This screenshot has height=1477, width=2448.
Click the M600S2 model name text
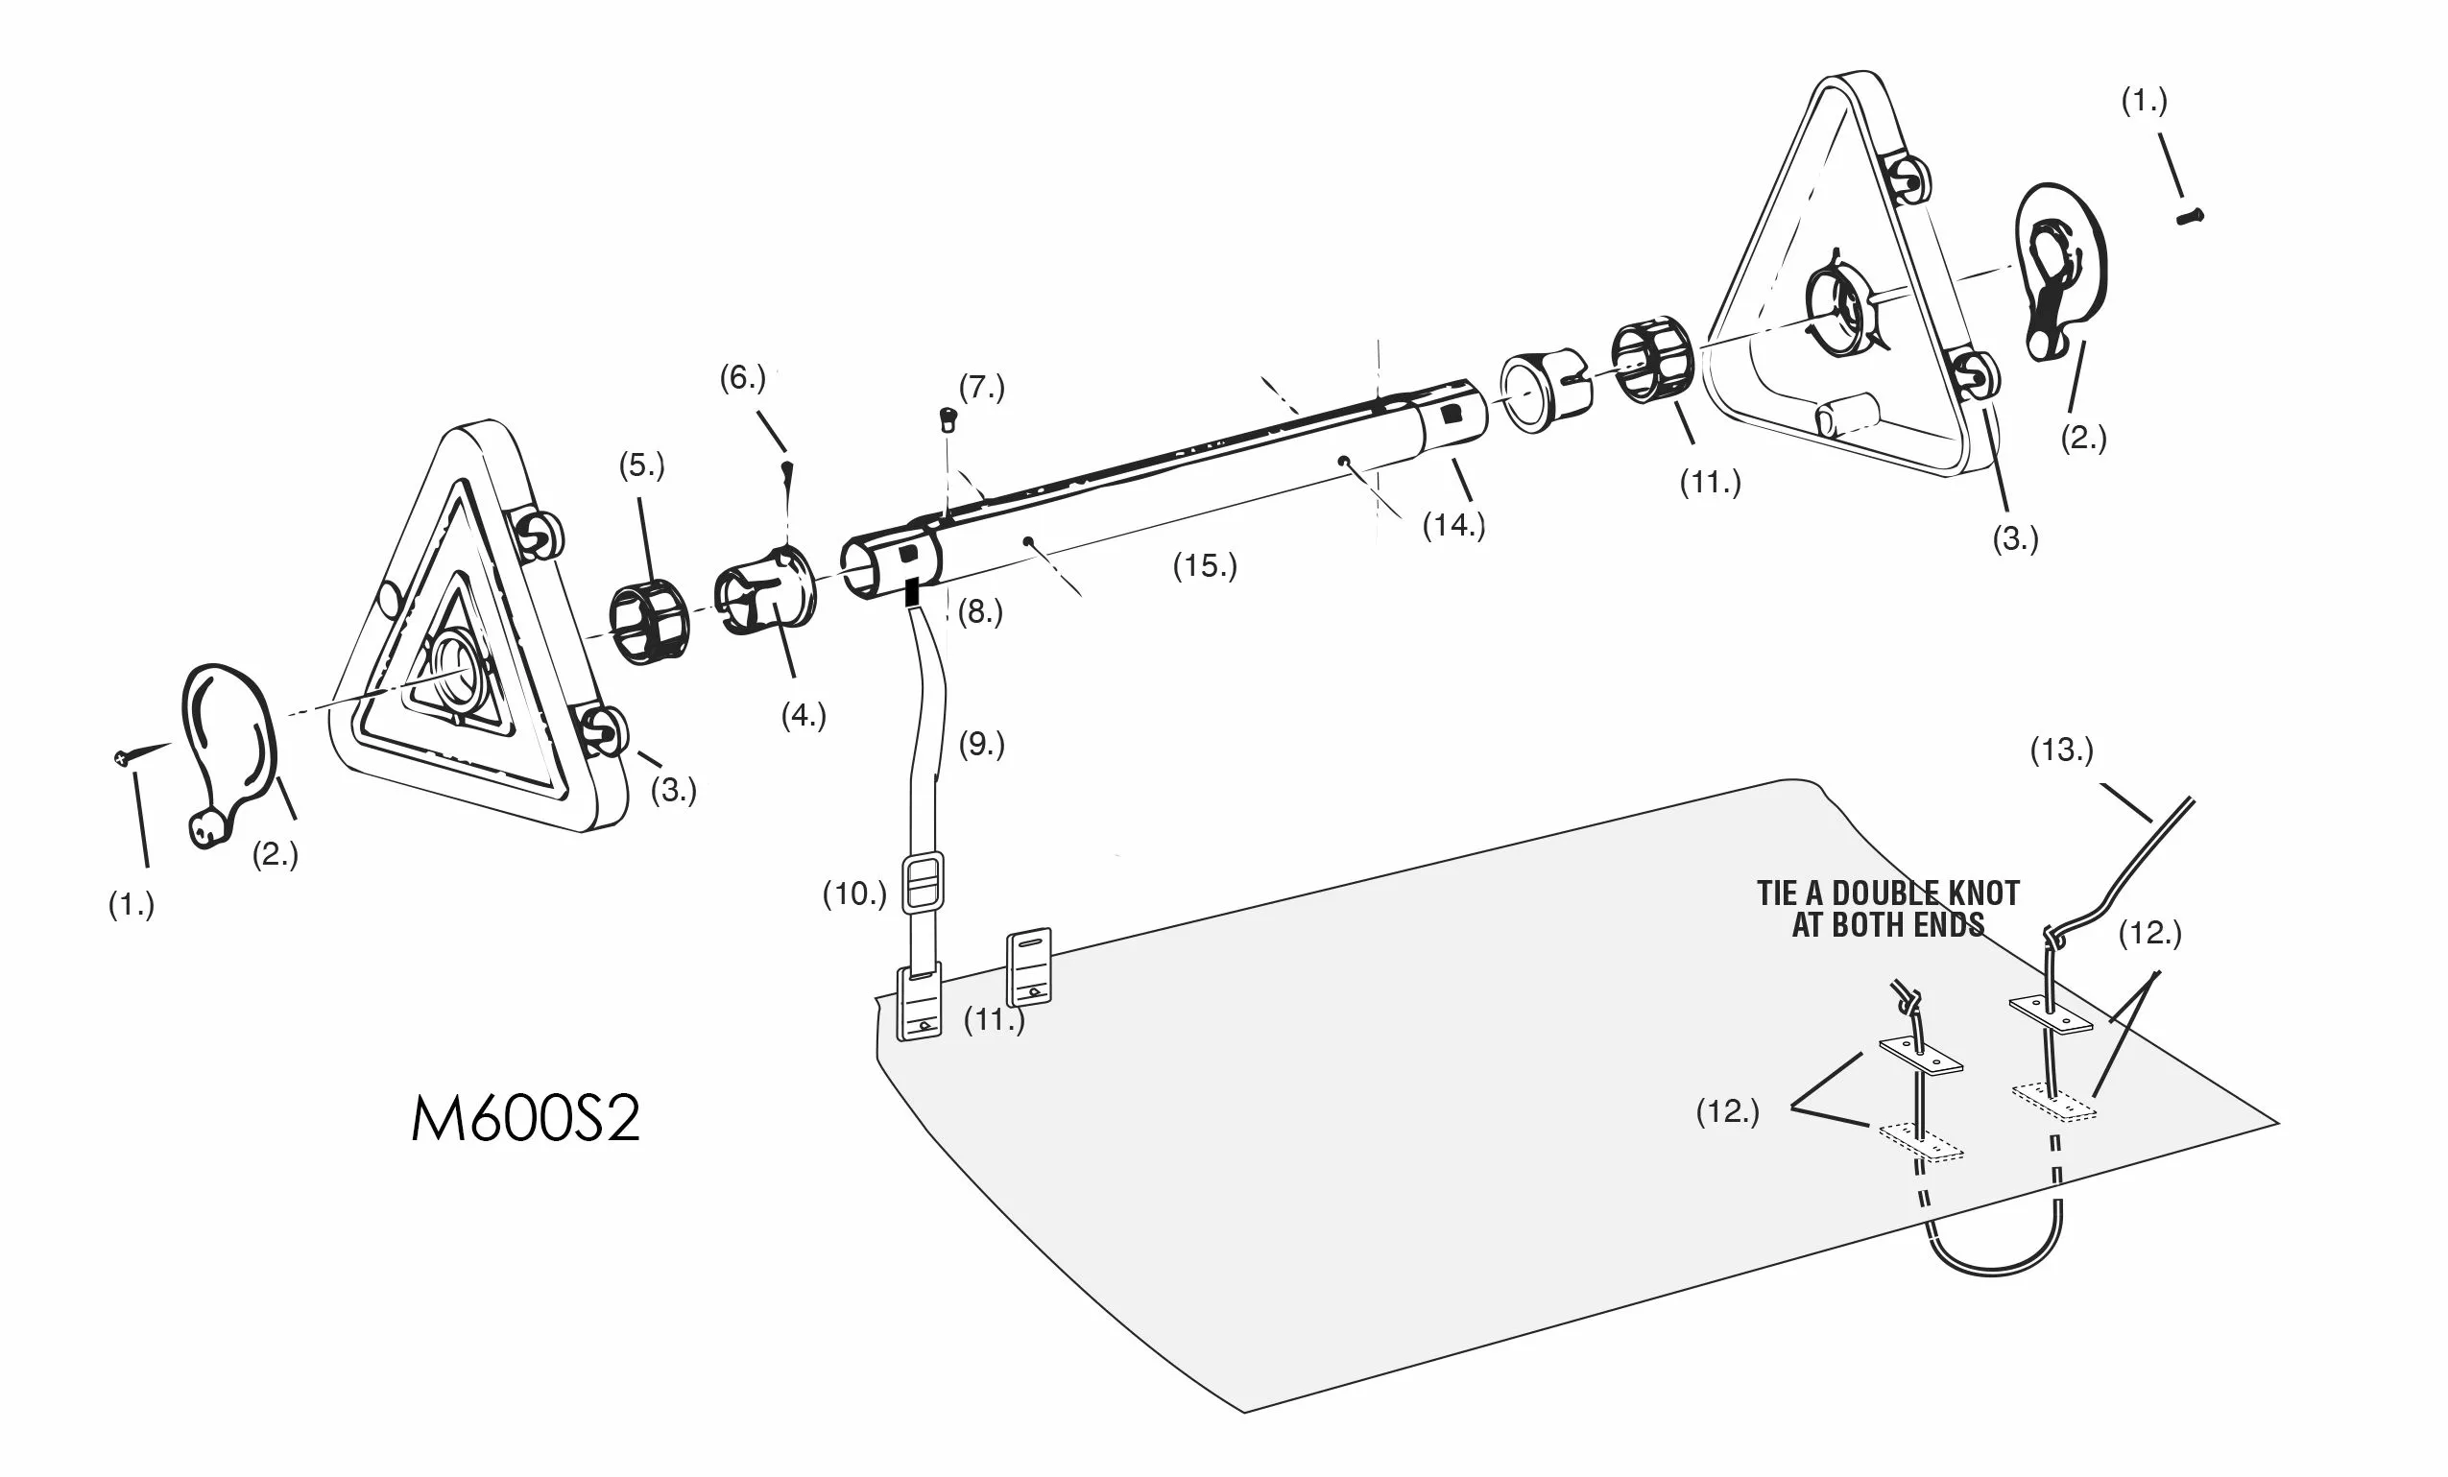pyautogui.click(x=525, y=1119)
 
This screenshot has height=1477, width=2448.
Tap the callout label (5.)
pyautogui.click(x=642, y=465)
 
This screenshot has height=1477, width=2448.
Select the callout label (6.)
pyautogui.click(x=742, y=377)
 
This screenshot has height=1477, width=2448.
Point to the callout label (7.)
pyautogui.click(x=981, y=387)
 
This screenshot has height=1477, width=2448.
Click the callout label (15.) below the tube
pyautogui.click(x=1204, y=566)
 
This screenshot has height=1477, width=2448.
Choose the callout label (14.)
pyautogui.click(x=1453, y=524)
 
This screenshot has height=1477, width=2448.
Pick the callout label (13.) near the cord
pyautogui.click(x=2061, y=750)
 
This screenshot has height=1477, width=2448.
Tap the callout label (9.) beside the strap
pyautogui.click(x=981, y=744)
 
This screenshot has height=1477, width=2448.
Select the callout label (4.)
pyautogui.click(x=803, y=715)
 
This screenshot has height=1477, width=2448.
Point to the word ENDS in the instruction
pyautogui.click(x=1947, y=926)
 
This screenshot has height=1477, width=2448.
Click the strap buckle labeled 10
pyautogui.click(x=923, y=883)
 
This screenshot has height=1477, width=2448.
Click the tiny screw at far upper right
pyautogui.click(x=2189, y=216)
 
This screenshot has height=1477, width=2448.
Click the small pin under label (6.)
pyautogui.click(x=788, y=472)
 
